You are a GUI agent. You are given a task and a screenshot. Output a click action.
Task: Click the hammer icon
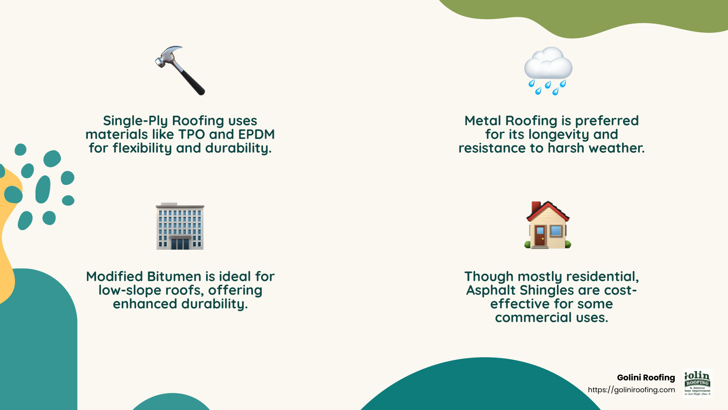tap(180, 71)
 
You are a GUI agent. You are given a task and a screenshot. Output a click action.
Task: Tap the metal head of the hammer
tap(167, 56)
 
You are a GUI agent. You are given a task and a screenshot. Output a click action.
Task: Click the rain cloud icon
tap(548, 71)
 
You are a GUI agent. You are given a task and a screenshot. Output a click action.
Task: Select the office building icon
tap(180, 226)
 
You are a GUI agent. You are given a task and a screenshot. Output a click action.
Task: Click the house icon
tap(548, 225)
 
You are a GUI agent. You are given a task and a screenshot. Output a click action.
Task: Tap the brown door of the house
tap(540, 236)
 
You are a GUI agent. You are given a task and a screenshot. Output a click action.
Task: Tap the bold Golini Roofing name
tap(646, 377)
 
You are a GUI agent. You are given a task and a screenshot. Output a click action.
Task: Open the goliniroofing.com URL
tap(631, 390)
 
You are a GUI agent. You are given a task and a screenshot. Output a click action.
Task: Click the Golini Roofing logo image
tap(698, 383)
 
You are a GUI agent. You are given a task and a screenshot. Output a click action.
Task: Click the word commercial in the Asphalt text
tap(533, 318)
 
